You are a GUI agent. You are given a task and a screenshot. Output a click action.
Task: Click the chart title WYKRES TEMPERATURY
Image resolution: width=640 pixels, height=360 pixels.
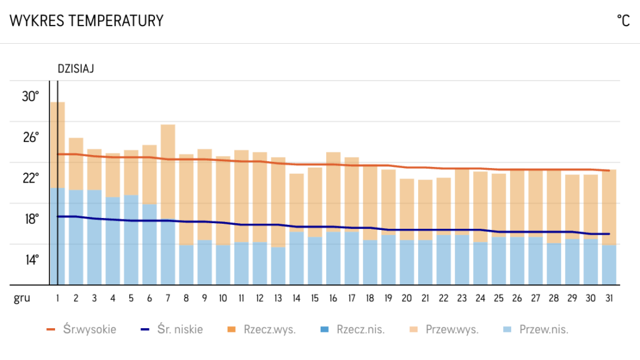point(86,21)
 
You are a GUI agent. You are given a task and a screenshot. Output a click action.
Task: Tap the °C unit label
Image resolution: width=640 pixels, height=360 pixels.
point(623,21)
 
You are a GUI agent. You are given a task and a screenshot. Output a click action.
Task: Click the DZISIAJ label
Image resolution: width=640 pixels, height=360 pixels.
point(75,69)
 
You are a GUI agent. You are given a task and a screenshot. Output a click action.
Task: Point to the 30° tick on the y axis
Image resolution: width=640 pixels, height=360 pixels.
point(30,96)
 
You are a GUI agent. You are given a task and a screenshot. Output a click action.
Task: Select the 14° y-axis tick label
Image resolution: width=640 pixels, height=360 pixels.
point(30,259)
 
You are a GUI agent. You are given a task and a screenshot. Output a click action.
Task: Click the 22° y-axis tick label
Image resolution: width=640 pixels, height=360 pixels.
point(30,178)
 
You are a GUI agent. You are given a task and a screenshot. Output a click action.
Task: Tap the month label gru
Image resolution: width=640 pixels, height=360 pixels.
point(22,298)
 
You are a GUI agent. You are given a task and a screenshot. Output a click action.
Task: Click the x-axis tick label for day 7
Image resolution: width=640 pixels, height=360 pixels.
point(168,298)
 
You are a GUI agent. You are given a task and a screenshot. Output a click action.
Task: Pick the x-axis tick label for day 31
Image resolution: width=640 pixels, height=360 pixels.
point(609,298)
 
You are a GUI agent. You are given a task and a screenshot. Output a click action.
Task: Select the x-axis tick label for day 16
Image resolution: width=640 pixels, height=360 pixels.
point(333,298)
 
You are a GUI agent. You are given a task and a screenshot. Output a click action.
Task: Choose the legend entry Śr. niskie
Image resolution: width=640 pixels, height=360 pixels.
point(171,329)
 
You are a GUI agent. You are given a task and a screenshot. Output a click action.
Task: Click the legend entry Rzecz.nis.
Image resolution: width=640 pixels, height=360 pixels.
point(352,329)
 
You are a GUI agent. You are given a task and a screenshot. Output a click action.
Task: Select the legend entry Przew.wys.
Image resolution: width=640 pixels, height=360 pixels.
point(445,329)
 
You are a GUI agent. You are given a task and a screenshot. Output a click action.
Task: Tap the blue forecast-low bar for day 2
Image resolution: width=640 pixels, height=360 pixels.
point(76,237)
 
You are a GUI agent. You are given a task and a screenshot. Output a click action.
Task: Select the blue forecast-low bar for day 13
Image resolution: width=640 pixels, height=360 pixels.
point(278,266)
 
